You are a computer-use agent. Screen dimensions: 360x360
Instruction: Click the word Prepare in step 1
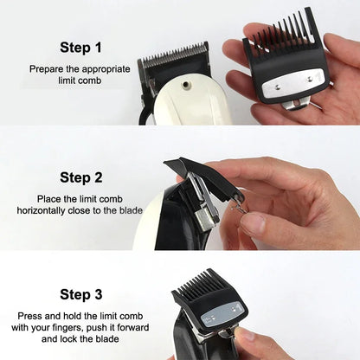point(45,67)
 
